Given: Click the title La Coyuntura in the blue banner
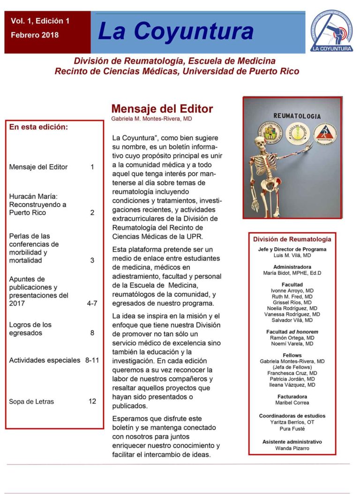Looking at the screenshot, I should (176, 31).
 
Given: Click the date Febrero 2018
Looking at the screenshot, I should (35, 35).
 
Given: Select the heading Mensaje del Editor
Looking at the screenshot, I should (162, 109).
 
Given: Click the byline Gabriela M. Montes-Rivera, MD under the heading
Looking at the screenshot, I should (151, 119).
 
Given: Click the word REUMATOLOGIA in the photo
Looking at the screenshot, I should (297, 115).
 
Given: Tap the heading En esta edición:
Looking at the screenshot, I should (38, 127).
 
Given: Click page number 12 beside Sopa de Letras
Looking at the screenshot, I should (92, 401).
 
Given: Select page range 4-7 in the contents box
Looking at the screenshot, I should (92, 303).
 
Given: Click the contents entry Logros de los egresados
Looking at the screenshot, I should (30, 328).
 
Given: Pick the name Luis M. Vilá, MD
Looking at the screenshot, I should (292, 256).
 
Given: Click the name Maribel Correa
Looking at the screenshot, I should (292, 403).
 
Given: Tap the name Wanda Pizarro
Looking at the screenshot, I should (292, 448).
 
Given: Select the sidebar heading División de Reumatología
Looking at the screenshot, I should (292, 239).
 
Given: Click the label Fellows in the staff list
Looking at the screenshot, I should (292, 355).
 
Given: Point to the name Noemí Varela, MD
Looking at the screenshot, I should (292, 344).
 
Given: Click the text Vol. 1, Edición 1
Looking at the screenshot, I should (40, 21).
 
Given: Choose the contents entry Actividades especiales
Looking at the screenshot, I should (45, 360).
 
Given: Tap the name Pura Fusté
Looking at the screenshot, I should (292, 429).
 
